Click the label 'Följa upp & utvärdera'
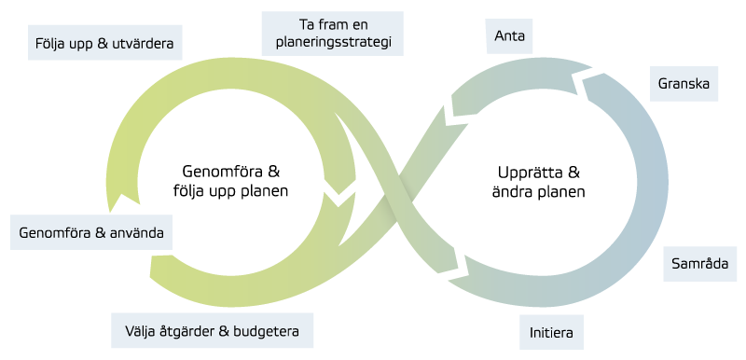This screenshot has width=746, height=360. point(102,43)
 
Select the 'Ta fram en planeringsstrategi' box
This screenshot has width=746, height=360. point(333,35)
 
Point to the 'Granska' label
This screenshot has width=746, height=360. point(684,84)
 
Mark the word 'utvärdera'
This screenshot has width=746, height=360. point(145,43)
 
